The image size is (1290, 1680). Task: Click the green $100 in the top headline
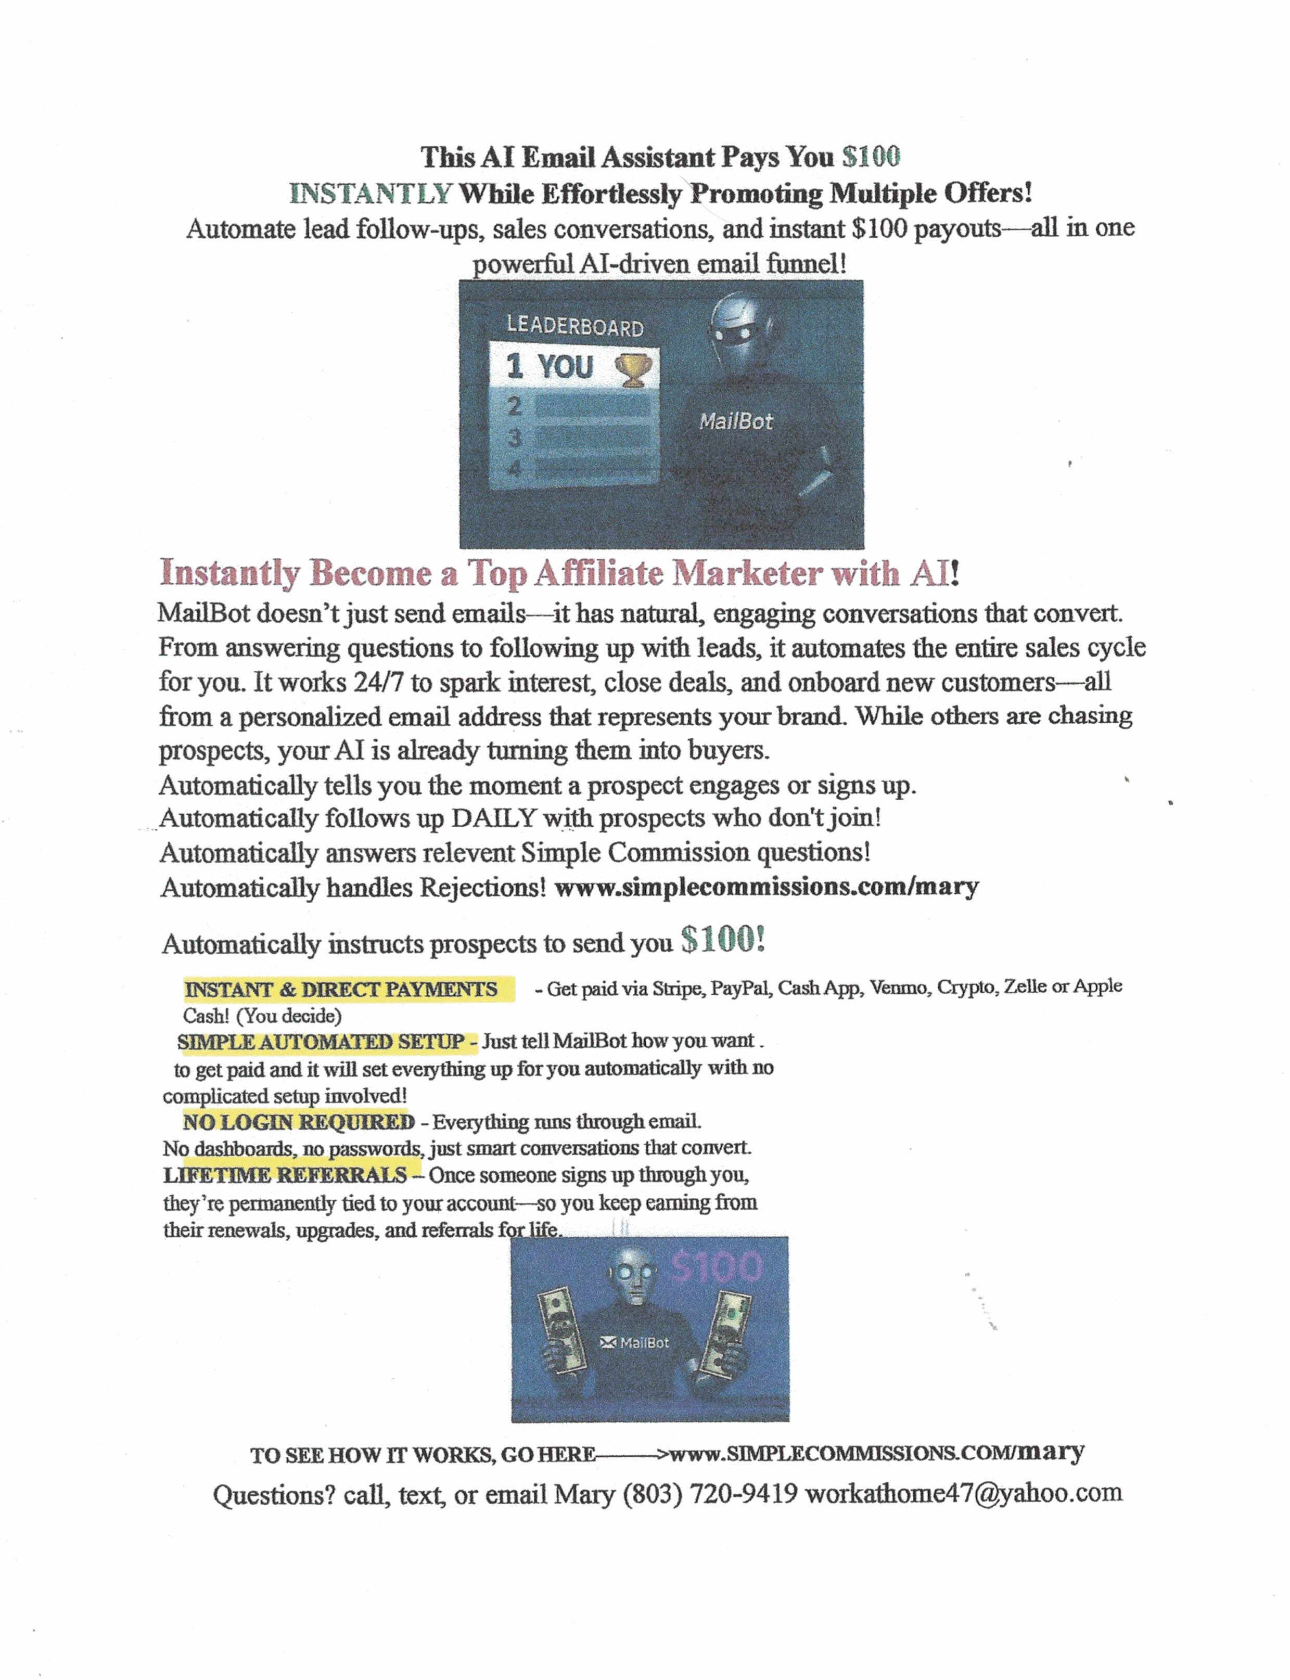(x=870, y=157)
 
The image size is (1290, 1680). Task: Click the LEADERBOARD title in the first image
(x=574, y=326)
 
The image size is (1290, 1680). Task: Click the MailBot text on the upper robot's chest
(x=736, y=421)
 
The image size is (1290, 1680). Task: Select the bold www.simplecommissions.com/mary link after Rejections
(x=767, y=887)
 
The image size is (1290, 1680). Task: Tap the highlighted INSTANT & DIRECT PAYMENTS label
(x=341, y=989)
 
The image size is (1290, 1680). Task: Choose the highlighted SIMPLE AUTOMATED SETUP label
(x=321, y=1042)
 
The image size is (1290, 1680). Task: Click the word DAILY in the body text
(x=494, y=818)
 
